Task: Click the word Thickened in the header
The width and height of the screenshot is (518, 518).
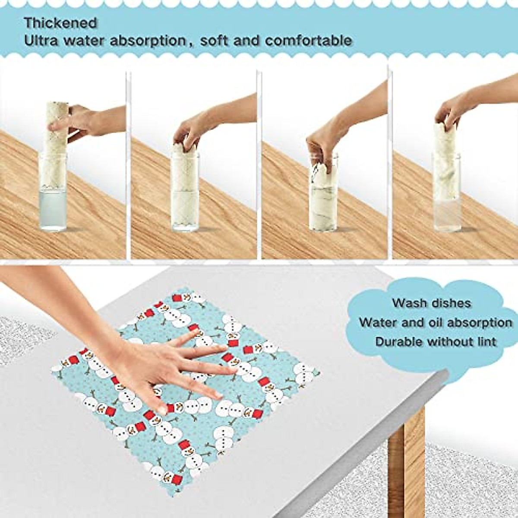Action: (x=60, y=22)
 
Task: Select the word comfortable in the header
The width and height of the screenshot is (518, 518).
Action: (x=308, y=41)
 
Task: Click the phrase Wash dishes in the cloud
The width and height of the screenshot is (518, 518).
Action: (x=431, y=303)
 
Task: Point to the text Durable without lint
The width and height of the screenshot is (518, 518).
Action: (x=436, y=342)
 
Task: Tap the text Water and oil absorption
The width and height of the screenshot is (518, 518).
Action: (x=436, y=322)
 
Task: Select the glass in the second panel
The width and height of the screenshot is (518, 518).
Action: (x=185, y=194)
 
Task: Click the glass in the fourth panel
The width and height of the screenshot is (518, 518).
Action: (x=446, y=194)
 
